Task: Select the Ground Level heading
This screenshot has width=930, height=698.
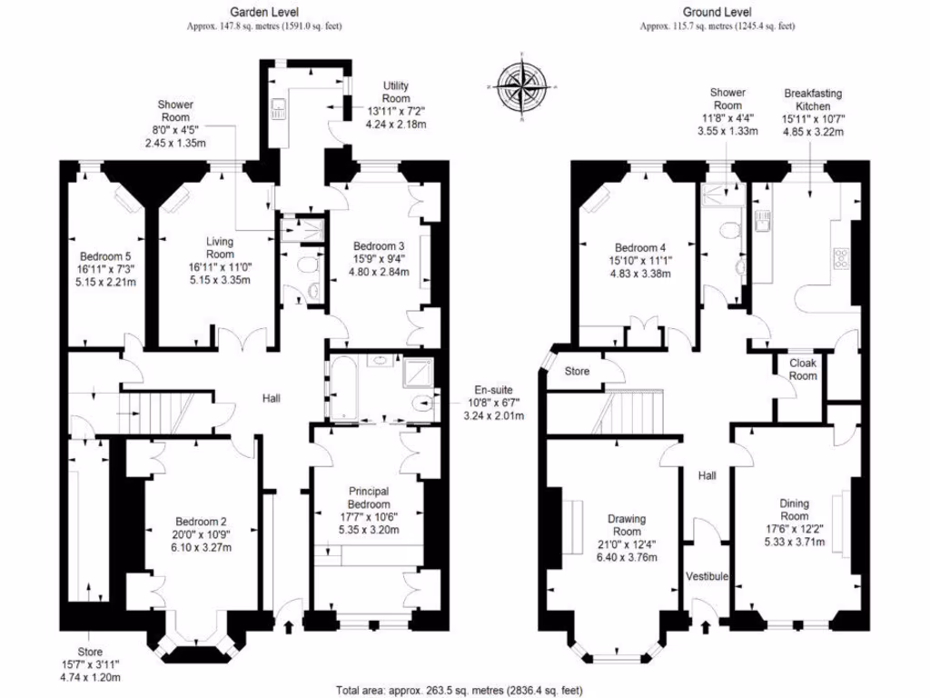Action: (717, 12)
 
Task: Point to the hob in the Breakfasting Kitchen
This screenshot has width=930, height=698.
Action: (841, 259)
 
